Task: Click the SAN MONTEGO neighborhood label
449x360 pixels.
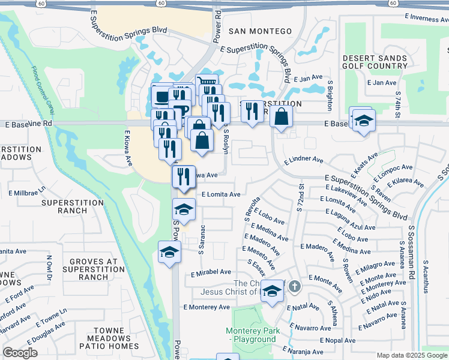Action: click(x=260, y=31)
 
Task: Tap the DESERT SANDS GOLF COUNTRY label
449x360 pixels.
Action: click(x=375, y=62)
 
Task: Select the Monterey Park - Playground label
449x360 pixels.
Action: click(x=251, y=335)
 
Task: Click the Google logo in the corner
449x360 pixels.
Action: click(x=20, y=353)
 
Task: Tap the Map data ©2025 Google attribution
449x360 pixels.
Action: click(x=411, y=355)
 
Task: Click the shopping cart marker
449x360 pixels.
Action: click(x=206, y=83)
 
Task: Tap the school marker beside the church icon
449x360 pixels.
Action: click(x=272, y=292)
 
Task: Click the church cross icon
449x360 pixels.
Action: click(x=294, y=287)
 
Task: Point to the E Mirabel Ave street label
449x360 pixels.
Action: click(x=211, y=273)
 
